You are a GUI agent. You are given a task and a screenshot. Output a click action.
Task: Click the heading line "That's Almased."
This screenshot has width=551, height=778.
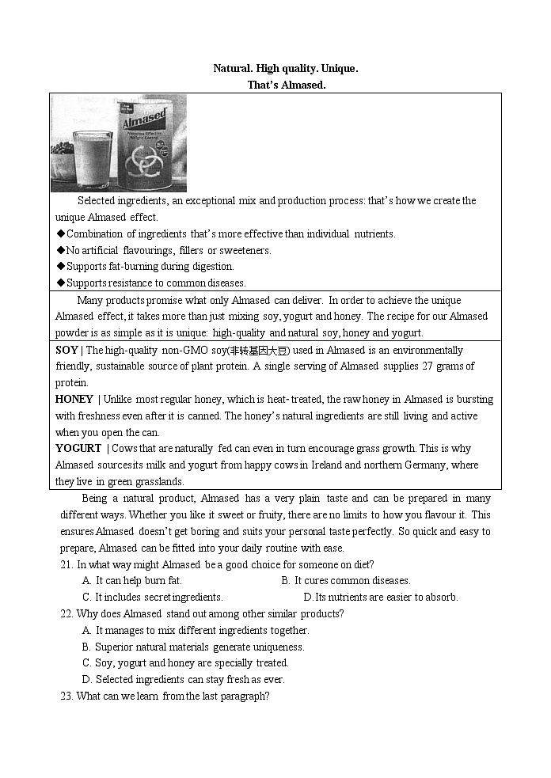coord(286,85)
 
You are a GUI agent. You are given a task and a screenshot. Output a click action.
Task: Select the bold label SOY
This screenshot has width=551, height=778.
coord(66,350)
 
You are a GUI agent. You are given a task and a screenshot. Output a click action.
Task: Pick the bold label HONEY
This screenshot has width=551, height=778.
coord(74,399)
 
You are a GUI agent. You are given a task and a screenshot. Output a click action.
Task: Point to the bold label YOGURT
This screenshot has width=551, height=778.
coord(78,448)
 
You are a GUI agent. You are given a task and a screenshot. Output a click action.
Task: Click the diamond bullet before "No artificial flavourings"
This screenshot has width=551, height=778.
coord(60,250)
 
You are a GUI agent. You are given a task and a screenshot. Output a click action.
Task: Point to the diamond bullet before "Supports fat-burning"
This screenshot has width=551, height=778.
coord(60,267)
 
